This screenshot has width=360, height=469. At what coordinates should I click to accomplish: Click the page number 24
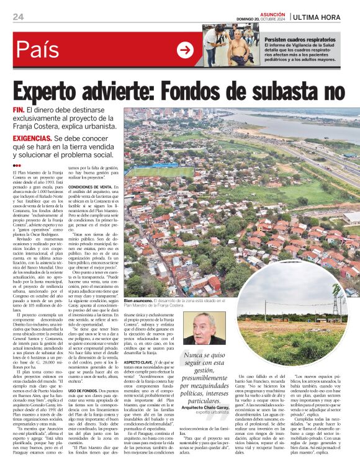pyautogui.click(x=17, y=17)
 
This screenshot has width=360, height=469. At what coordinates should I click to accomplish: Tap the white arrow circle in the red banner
pyautogui.click(x=185, y=50)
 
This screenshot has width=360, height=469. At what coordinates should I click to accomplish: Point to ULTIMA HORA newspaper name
pyautogui.click(x=325, y=17)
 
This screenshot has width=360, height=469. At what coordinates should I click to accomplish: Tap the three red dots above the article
pyautogui.click(x=17, y=166)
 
